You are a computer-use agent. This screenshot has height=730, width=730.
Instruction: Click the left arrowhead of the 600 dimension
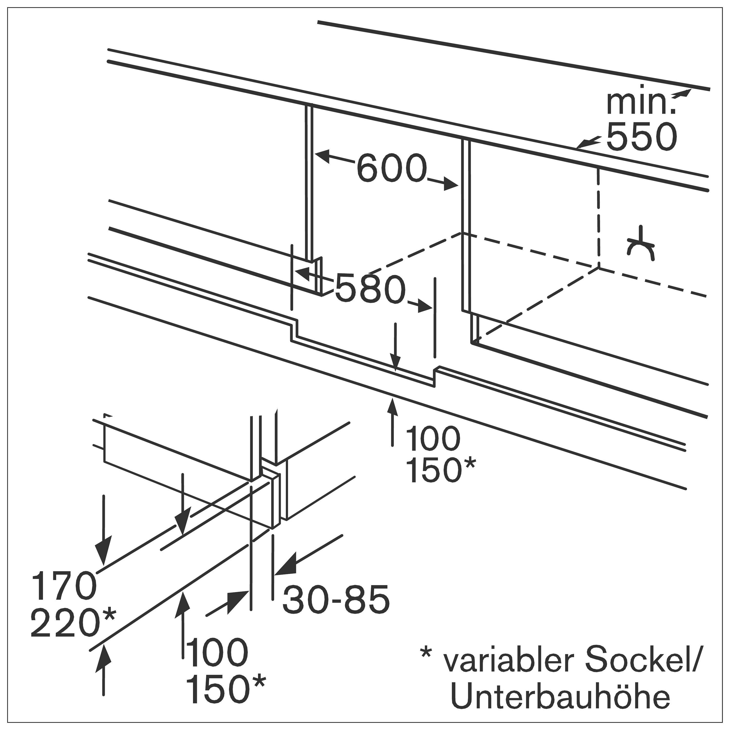[x=323, y=156]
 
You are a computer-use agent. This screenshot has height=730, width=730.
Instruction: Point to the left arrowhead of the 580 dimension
[x=302, y=273]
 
